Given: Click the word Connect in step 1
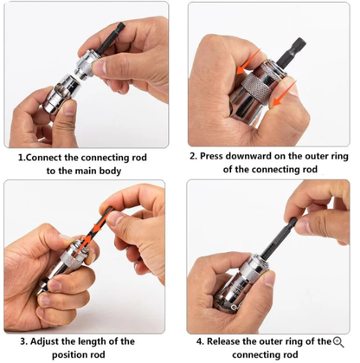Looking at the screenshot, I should pos(50,159).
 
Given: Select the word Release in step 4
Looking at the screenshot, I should pos(222,341).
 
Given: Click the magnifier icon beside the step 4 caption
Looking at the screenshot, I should pos(338,341).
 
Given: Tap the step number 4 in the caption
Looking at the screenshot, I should pos(199,341).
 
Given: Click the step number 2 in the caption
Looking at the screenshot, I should pos(192,158).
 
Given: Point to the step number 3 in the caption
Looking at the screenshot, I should pos(24,341).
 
